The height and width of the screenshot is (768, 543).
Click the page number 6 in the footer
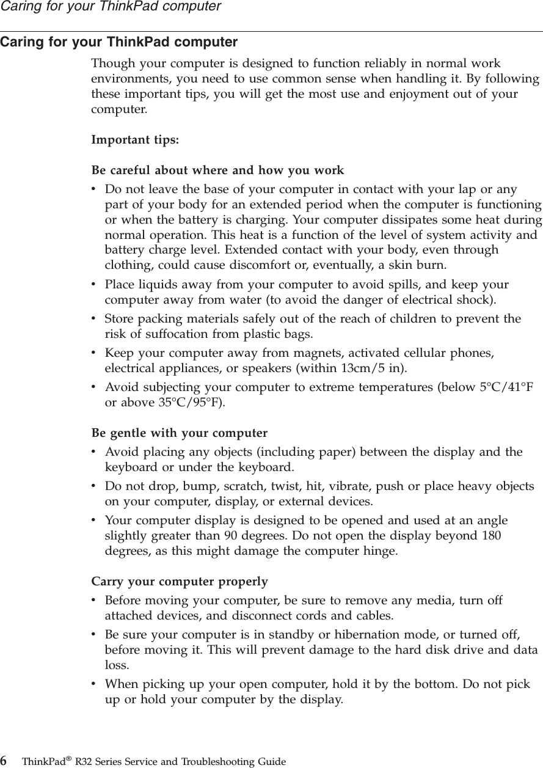(x=4, y=761)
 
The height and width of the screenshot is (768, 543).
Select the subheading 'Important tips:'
(x=135, y=139)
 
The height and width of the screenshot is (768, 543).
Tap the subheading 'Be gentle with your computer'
(x=179, y=434)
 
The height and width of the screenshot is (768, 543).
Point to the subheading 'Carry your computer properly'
(x=179, y=581)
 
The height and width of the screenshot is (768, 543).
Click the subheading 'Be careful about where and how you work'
(x=217, y=170)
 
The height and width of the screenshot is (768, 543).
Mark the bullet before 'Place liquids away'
(x=93, y=285)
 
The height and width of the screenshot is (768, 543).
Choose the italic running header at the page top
(x=111, y=7)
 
